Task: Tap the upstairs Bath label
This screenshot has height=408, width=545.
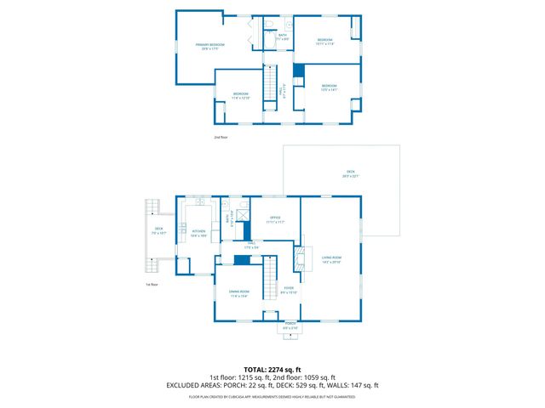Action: (x=283, y=37)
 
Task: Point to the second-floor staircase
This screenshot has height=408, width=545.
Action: (x=272, y=85)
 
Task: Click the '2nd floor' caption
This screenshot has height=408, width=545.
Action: (x=221, y=136)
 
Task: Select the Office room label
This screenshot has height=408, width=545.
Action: (x=276, y=220)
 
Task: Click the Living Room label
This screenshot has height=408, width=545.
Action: (x=331, y=259)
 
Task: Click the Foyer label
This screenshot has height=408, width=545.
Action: (x=290, y=290)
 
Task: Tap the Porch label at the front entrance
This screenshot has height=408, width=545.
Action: (x=290, y=325)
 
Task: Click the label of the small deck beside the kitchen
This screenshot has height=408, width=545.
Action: (x=158, y=230)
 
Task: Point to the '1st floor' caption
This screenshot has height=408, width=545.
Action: (x=152, y=283)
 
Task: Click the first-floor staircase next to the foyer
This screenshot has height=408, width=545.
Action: (x=270, y=275)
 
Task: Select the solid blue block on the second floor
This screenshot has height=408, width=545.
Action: (x=298, y=71)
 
